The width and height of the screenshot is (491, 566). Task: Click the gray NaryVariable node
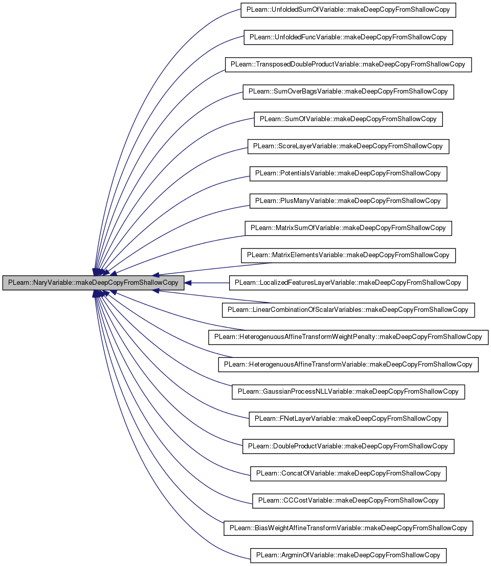(x=93, y=283)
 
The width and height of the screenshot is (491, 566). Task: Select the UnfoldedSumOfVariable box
(x=348, y=10)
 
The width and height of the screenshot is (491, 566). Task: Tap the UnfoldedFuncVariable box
(x=348, y=37)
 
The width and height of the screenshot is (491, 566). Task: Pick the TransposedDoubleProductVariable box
(x=348, y=64)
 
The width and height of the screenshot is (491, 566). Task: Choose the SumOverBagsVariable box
(x=348, y=92)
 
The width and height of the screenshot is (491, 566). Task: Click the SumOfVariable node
(x=348, y=119)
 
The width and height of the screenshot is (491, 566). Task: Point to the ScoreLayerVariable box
(x=348, y=146)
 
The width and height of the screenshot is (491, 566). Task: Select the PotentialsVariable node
(x=348, y=174)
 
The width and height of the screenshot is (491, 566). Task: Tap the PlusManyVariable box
(x=348, y=201)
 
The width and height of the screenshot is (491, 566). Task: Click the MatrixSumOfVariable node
(x=348, y=228)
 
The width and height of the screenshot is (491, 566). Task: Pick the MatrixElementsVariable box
(x=348, y=255)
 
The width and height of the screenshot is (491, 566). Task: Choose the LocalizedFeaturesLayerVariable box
(x=348, y=283)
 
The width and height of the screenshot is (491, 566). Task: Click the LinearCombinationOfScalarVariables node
(x=348, y=310)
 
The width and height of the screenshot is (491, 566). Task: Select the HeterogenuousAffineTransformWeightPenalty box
(x=348, y=337)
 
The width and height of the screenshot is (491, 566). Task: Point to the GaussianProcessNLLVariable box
(x=348, y=392)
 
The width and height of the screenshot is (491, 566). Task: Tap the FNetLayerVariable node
(x=348, y=419)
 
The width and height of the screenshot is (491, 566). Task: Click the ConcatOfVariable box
(x=348, y=473)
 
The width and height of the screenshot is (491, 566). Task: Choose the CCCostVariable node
(x=348, y=501)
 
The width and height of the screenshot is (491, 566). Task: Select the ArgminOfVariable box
(x=348, y=555)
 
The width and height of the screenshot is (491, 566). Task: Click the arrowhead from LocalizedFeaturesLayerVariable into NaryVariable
(x=188, y=283)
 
